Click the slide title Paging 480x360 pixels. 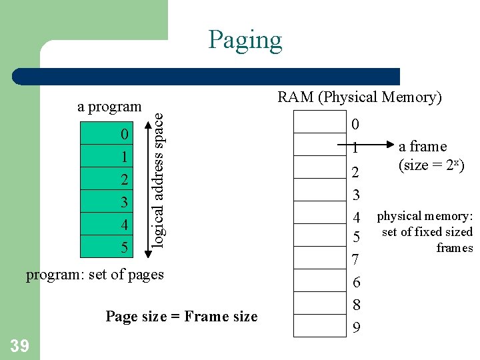pyautogui.click(x=245, y=40)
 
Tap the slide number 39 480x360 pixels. pyautogui.click(x=19, y=344)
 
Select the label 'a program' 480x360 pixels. pyautogui.click(x=109, y=107)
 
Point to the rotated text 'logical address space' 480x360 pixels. pyautogui.click(x=158, y=180)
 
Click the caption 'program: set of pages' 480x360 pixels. pyautogui.click(x=95, y=275)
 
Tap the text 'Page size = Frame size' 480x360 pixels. pyautogui.click(x=181, y=317)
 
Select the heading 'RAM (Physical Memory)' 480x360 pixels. pyautogui.click(x=359, y=97)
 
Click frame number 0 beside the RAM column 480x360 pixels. pyautogui.click(x=355, y=124)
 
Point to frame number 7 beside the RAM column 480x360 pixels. pyautogui.click(x=356, y=258)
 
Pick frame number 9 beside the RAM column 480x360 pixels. pyautogui.click(x=357, y=328)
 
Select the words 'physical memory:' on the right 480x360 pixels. pyautogui.click(x=425, y=216)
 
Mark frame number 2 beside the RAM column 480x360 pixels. pyautogui.click(x=356, y=173)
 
